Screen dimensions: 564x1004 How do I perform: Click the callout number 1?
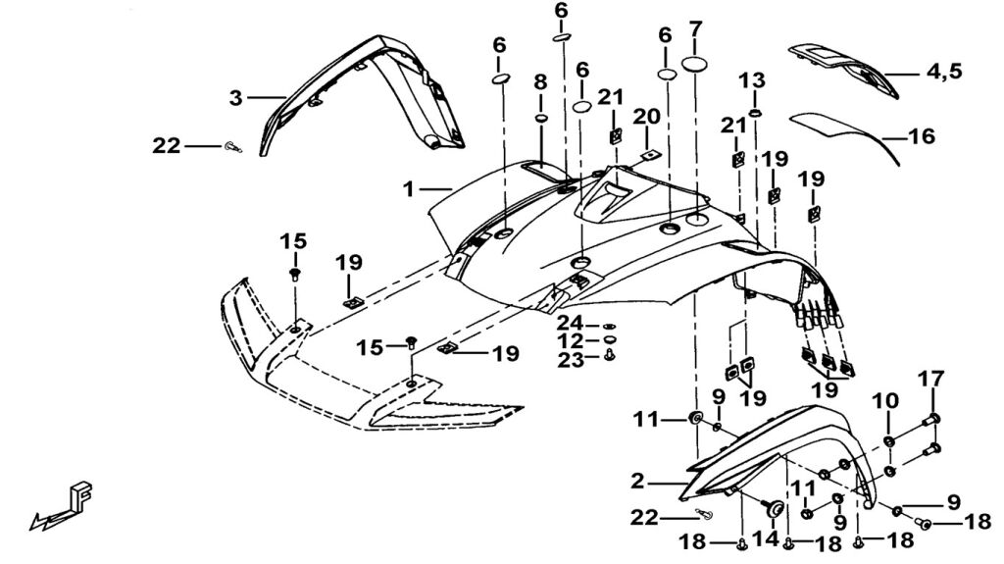[409, 186]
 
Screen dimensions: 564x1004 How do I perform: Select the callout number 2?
[638, 482]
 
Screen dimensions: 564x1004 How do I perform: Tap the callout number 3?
[236, 98]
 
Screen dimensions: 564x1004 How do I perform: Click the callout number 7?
[695, 28]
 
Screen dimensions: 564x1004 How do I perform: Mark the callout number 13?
[756, 79]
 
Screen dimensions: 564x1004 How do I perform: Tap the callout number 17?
[931, 379]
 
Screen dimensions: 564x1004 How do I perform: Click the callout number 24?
[572, 324]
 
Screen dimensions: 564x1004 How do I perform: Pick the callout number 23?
[572, 360]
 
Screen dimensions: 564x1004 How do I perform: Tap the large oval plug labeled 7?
[695, 64]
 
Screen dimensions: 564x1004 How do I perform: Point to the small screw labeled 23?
[610, 356]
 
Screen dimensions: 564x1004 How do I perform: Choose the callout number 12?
[572, 341]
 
